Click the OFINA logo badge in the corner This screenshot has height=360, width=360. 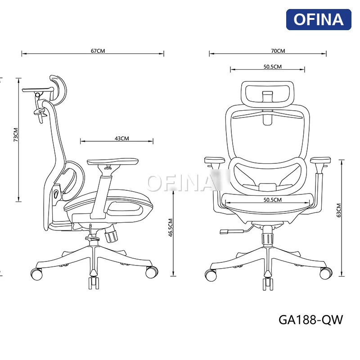tap(319, 19)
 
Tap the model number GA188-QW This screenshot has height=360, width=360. tap(311, 319)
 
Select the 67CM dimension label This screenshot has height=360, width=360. tap(98, 51)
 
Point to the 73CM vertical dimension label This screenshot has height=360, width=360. tap(15, 135)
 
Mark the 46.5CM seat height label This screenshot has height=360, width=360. tap(171, 228)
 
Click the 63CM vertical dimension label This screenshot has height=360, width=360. tap(338, 210)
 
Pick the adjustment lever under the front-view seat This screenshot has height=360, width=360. tap(230, 232)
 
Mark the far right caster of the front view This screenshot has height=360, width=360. tap(326, 273)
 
